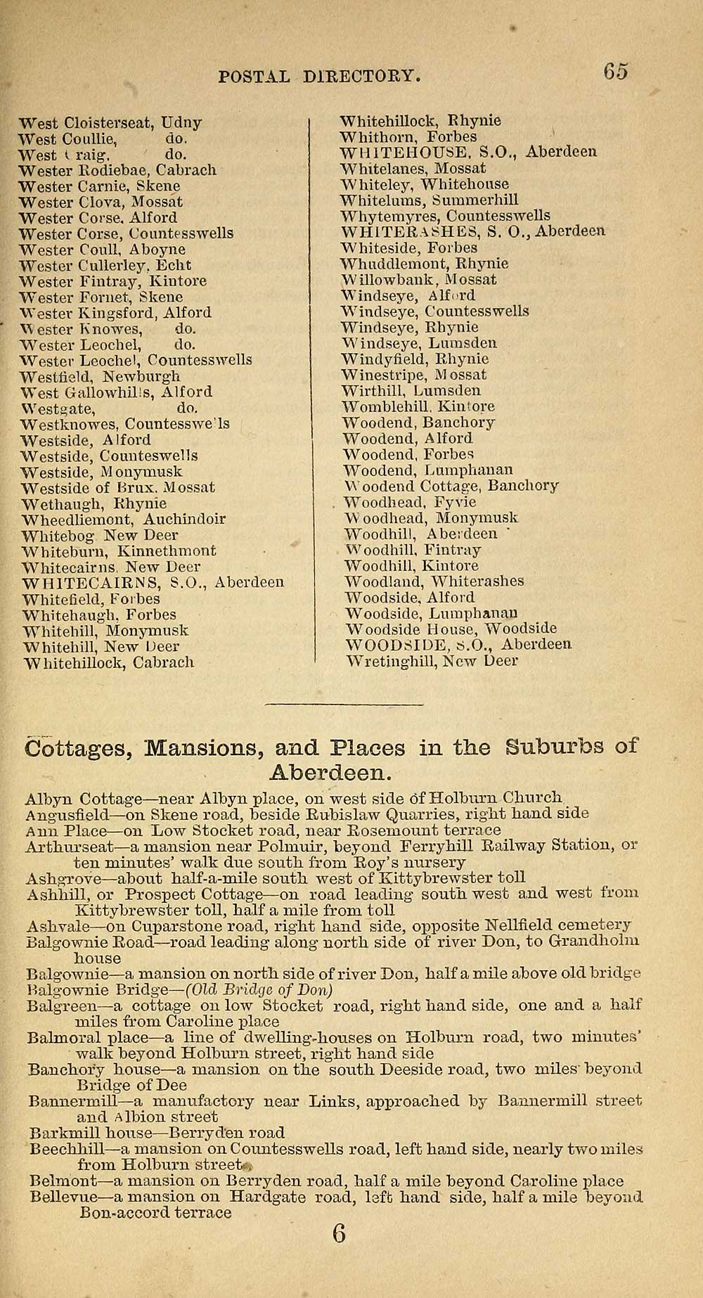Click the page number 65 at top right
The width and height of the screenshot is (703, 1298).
pyautogui.click(x=614, y=72)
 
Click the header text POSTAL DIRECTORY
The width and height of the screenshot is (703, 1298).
pyautogui.click(x=320, y=76)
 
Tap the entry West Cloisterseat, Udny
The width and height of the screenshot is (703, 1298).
pyautogui.click(x=110, y=123)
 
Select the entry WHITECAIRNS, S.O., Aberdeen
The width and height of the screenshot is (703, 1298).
pyautogui.click(x=153, y=583)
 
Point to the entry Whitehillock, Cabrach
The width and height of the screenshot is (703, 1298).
pyautogui.click(x=108, y=662)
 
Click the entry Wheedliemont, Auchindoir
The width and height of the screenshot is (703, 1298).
pyautogui.click(x=124, y=520)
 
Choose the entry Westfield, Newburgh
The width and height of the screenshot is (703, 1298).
pyautogui.click(x=100, y=376)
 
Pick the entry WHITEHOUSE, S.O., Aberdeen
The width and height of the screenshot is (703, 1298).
pyautogui.click(x=468, y=152)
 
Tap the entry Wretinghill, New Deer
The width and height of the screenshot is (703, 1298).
pyautogui.click(x=432, y=661)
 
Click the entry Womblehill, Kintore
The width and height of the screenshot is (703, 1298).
pyautogui.click(x=418, y=406)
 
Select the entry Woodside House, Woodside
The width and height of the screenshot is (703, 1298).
pyautogui.click(x=451, y=629)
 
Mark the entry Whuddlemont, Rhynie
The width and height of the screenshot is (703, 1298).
pyautogui.click(x=424, y=264)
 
